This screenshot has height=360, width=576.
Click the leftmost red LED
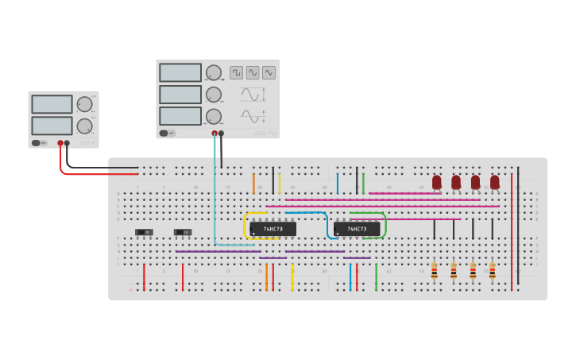click(x=437, y=182)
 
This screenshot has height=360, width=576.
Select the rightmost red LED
click(x=495, y=182)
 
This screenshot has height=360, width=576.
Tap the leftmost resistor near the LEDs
click(x=435, y=272)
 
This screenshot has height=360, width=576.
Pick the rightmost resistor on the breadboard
click(x=493, y=272)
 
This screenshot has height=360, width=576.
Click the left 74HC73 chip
click(x=273, y=229)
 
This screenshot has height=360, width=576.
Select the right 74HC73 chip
click(x=357, y=229)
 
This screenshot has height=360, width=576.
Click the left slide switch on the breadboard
click(x=144, y=232)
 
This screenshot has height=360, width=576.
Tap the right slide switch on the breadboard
click(x=183, y=232)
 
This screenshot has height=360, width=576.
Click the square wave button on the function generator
click(x=237, y=72)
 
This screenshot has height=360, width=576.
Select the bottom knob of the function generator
click(x=213, y=117)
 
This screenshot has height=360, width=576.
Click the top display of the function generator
click(x=180, y=72)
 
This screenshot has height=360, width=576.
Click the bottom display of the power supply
click(x=52, y=126)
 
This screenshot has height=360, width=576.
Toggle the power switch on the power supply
click(x=37, y=143)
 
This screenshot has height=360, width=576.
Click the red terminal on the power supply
click(x=60, y=144)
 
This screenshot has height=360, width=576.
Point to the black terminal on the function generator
click(x=222, y=134)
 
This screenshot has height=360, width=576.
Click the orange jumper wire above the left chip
click(x=253, y=183)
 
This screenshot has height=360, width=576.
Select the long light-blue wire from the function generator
click(x=214, y=191)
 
